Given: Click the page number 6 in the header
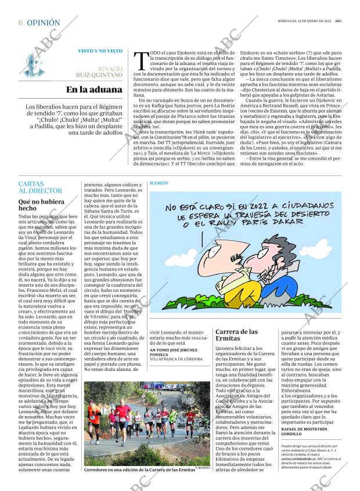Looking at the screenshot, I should [20, 23].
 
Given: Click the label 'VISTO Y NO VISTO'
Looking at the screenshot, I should [100, 51].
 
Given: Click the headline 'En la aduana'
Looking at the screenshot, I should [94, 89].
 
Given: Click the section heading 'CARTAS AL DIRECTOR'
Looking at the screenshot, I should [40, 187].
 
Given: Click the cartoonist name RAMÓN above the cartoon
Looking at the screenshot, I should [159, 183].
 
